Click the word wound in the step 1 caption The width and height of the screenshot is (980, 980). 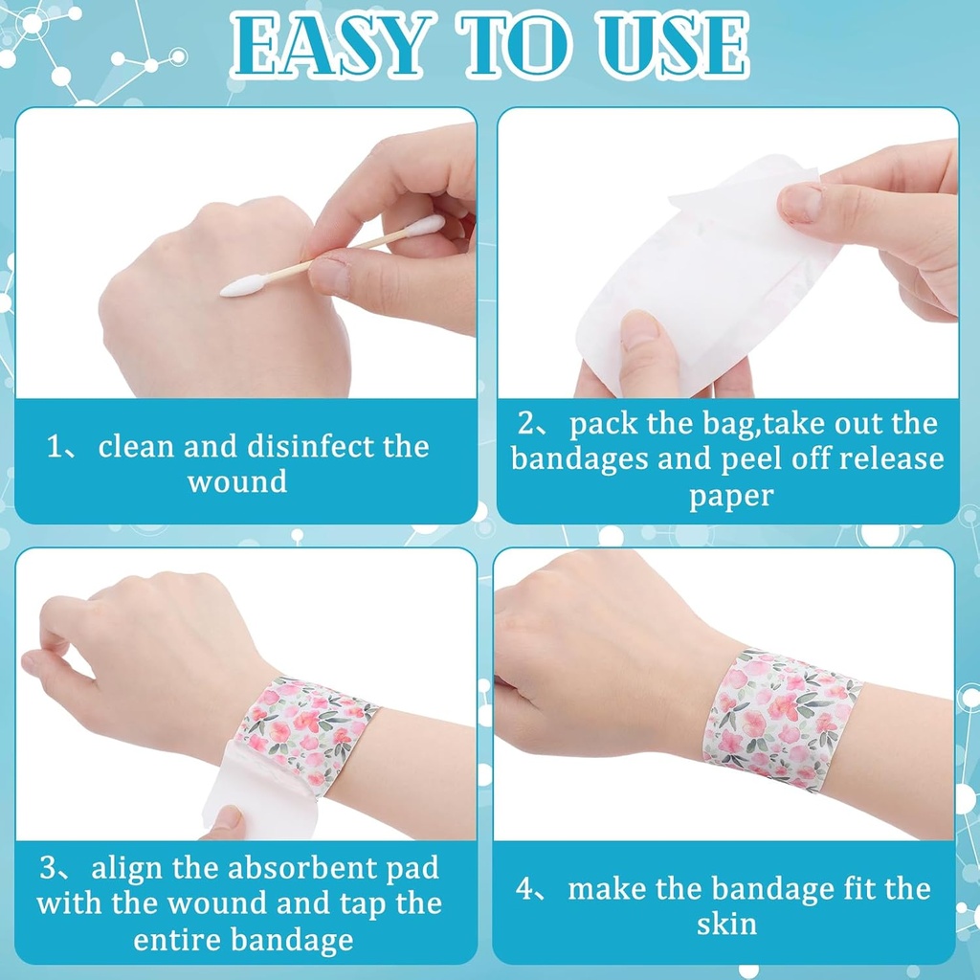236,480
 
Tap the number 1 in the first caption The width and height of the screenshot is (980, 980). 55,447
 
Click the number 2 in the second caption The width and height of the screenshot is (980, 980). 526,424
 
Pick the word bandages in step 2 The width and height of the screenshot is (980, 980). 579,458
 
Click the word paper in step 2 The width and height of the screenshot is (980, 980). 730,495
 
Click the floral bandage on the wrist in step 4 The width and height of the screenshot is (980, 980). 780,718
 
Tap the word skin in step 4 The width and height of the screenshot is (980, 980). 726,924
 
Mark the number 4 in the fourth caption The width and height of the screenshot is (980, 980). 525,889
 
